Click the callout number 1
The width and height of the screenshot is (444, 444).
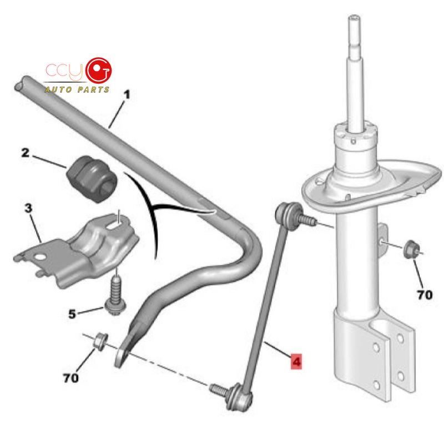127,94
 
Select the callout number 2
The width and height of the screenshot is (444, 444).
26,153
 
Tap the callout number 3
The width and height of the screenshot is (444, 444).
28,208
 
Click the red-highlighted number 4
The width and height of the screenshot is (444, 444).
296,362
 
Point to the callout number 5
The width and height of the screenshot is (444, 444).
72,314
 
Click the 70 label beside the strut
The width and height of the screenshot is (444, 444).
425,295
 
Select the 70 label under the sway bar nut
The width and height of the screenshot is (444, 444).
71,378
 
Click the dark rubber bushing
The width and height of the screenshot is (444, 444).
92,179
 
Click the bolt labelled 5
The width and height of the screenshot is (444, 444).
115,296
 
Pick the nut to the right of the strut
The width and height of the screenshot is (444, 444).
411,249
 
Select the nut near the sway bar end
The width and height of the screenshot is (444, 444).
100,341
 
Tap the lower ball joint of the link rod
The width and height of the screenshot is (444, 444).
239,397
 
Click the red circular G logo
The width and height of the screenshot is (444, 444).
99,71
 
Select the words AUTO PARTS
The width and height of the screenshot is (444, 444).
77,90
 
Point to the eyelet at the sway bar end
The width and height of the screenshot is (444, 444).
122,357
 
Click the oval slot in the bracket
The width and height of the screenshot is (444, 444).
114,225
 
